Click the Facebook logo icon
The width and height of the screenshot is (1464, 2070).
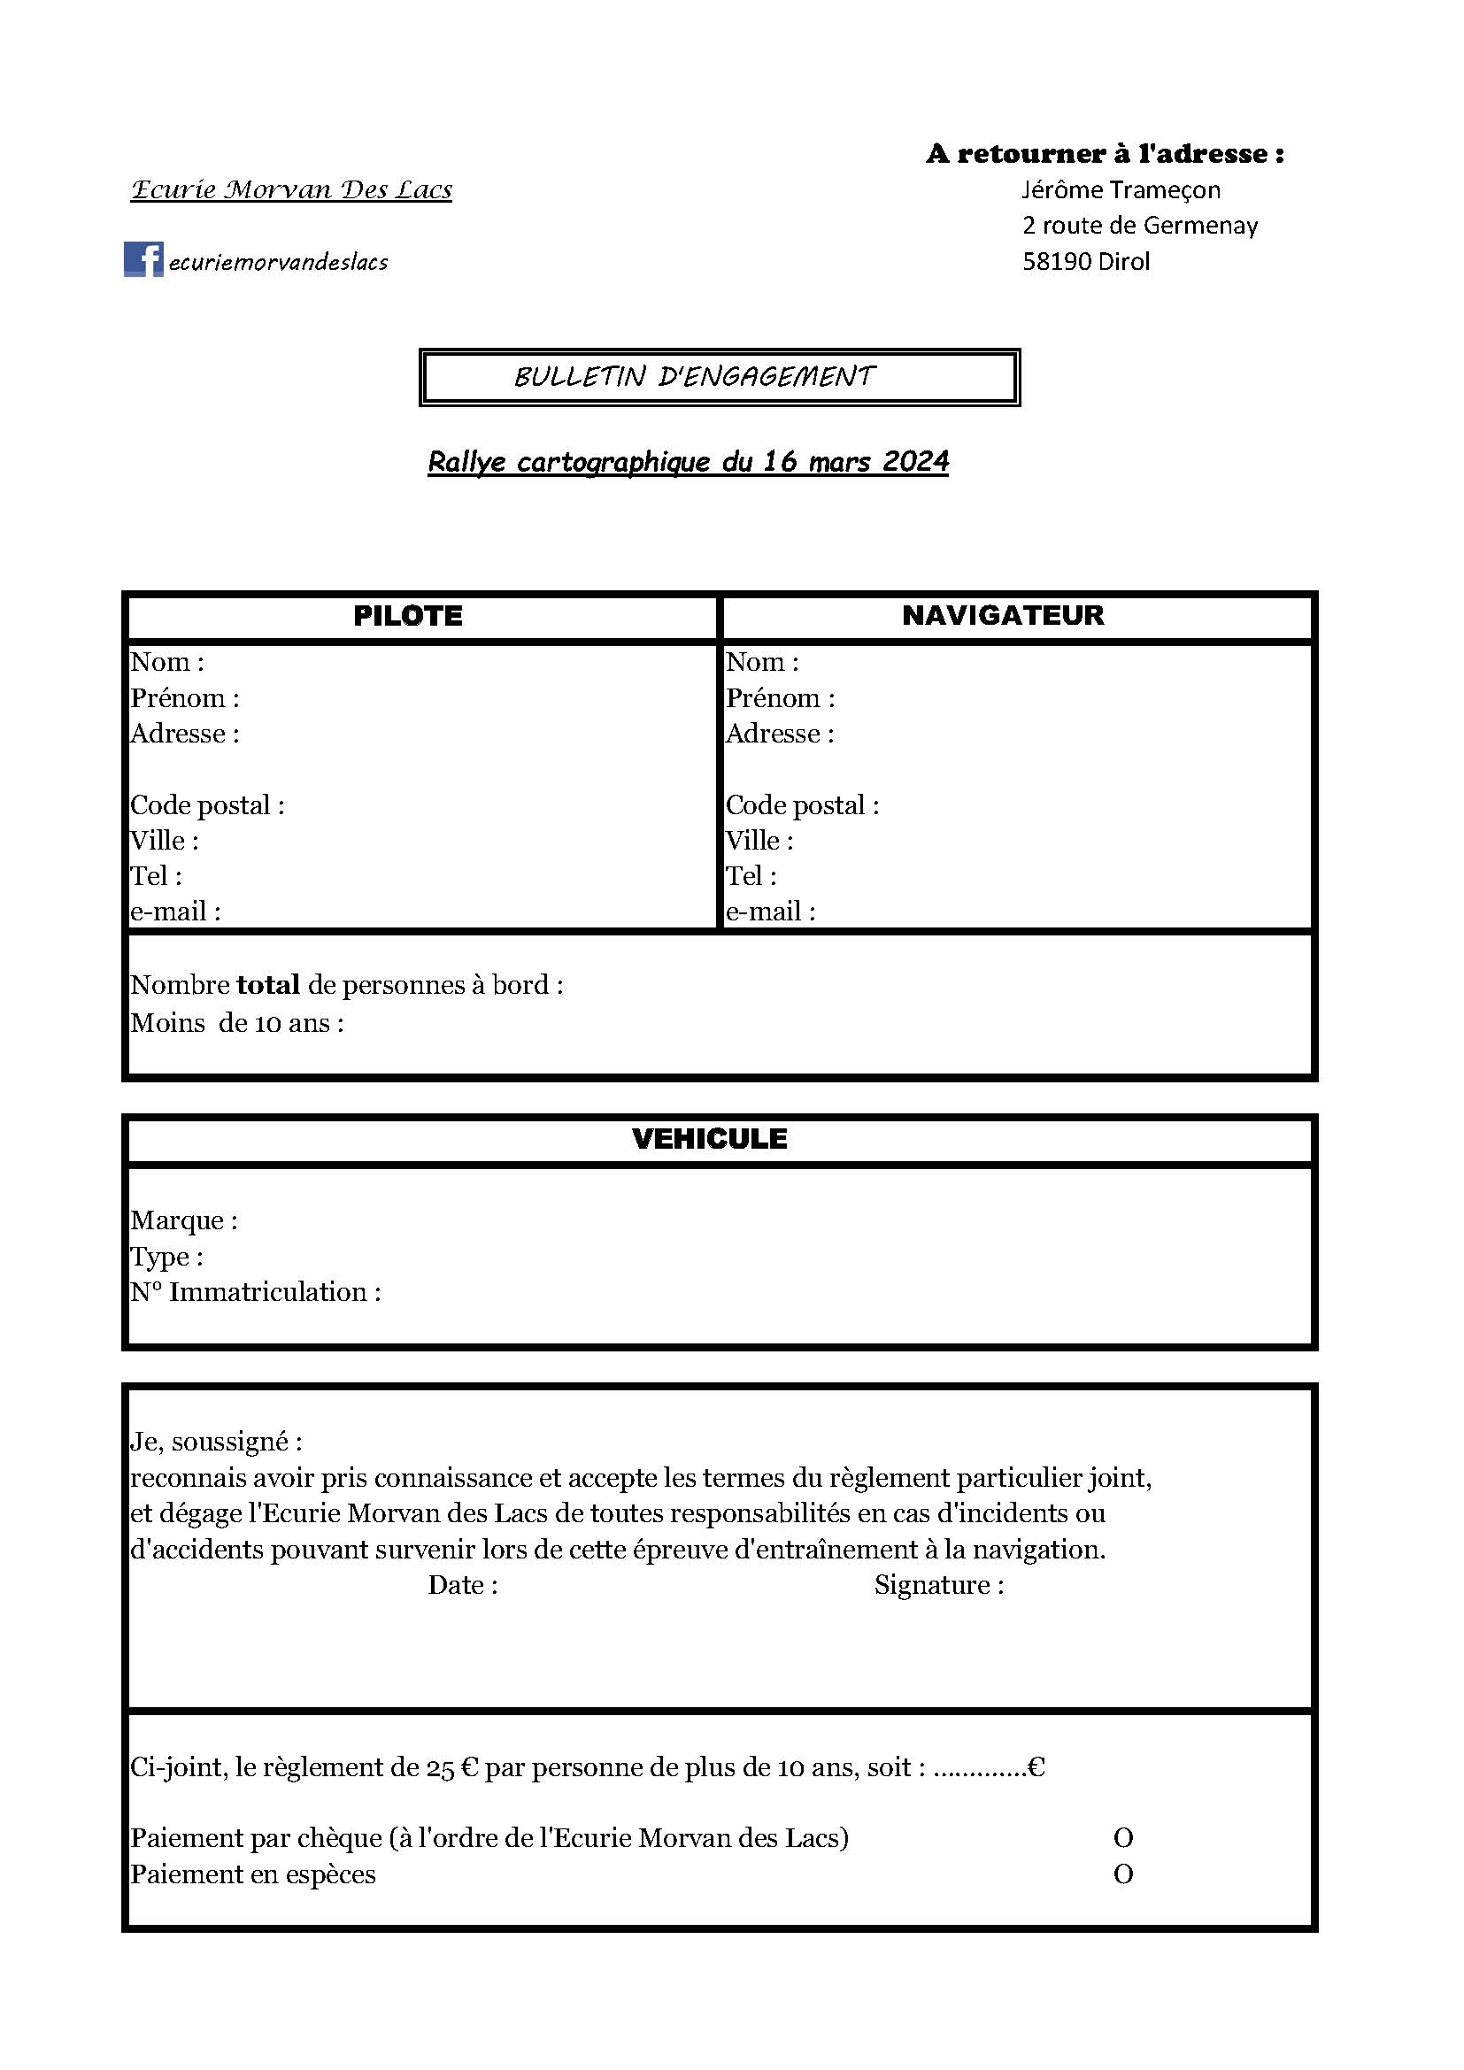click(143, 259)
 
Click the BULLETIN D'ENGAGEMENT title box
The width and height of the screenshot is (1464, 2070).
click(720, 377)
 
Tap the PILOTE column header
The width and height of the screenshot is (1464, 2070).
click(407, 616)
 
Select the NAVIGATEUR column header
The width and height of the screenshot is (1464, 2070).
click(1003, 615)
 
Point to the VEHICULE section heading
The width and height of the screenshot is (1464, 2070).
click(710, 1139)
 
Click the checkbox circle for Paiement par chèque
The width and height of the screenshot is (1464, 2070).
click(1123, 1837)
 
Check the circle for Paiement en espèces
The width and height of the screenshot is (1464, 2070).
click(1123, 1874)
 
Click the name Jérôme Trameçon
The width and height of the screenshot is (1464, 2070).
click(1121, 190)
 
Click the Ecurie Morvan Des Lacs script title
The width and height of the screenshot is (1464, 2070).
click(291, 190)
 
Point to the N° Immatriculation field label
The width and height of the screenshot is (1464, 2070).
click(255, 1292)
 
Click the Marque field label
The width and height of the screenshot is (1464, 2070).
click(184, 1220)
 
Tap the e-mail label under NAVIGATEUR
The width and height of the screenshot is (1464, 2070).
click(771, 912)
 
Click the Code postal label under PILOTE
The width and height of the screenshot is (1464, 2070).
click(207, 805)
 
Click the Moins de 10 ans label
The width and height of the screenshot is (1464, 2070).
click(236, 1023)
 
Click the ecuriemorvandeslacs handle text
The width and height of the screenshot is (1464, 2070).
click(278, 262)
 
